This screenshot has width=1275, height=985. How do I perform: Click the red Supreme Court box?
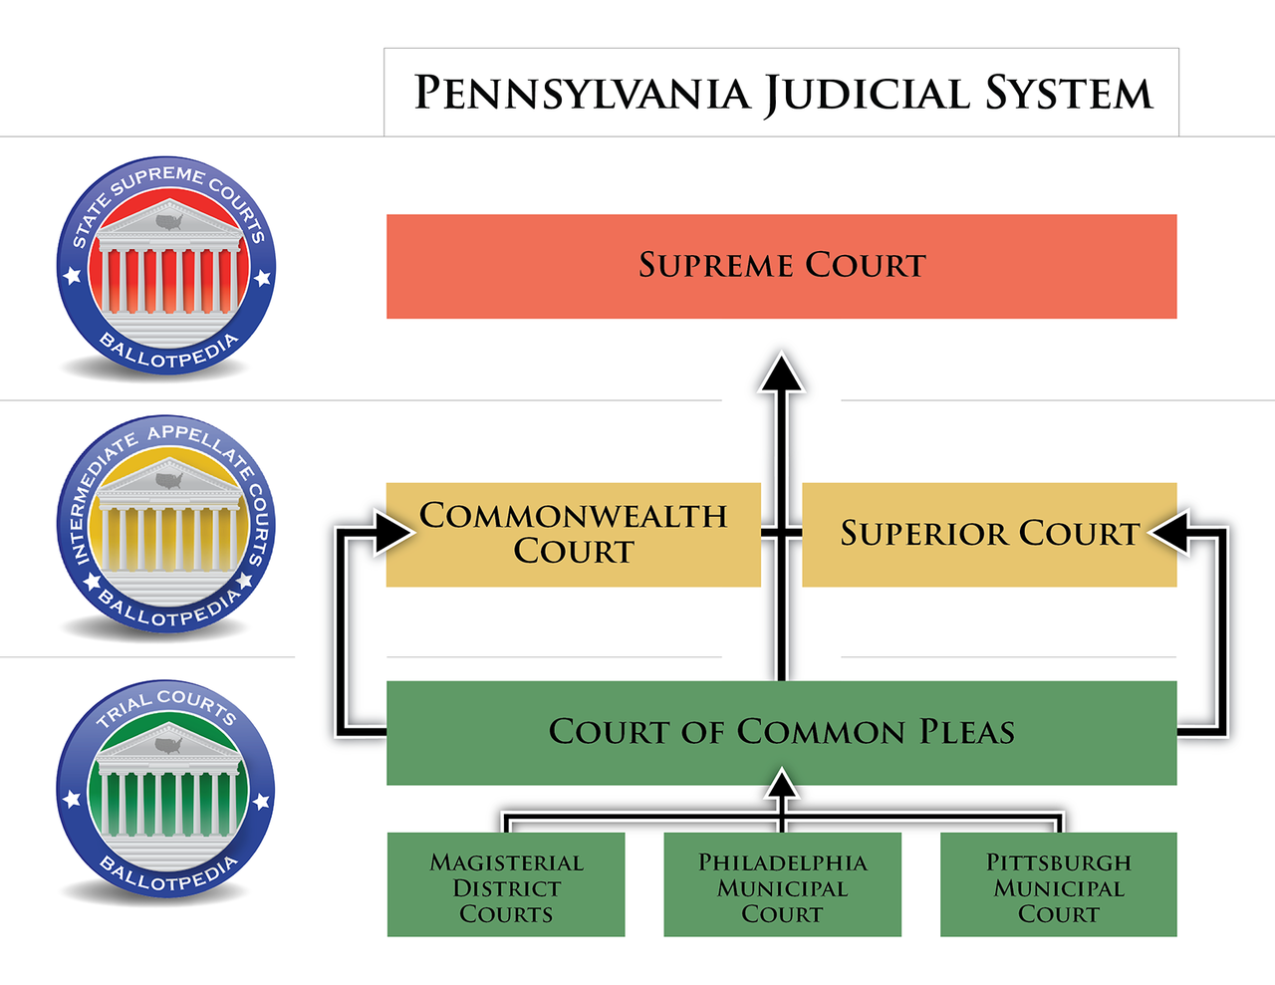click(781, 266)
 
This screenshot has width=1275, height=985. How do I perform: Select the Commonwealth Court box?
click(573, 534)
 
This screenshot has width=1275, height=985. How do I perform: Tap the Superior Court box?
click(988, 534)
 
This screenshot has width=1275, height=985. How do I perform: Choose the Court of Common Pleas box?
click(781, 732)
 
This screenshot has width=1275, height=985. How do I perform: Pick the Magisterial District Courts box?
click(506, 885)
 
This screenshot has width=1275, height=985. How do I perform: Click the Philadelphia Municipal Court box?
click(782, 885)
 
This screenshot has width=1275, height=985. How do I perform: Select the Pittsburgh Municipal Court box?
click(1058, 885)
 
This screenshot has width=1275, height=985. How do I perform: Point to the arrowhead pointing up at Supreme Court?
click(782, 372)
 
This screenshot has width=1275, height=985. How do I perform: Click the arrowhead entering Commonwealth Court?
click(393, 532)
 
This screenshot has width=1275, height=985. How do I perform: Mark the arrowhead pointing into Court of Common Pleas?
click(782, 786)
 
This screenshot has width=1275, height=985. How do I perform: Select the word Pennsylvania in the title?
click(582, 94)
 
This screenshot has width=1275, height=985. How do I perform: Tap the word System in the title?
click(1069, 94)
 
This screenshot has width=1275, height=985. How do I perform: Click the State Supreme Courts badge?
click(166, 266)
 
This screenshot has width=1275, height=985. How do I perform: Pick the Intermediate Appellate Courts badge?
click(166, 525)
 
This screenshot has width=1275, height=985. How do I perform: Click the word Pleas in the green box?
click(966, 732)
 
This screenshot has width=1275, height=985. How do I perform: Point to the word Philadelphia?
click(782, 862)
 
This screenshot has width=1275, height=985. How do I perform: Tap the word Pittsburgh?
click(1058, 862)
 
